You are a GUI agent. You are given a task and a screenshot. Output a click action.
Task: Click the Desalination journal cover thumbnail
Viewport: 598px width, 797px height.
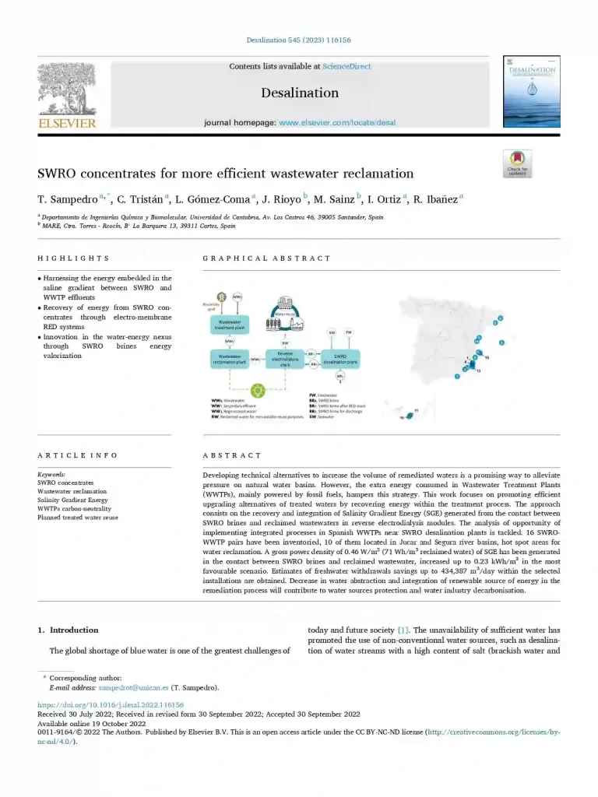click(531, 91)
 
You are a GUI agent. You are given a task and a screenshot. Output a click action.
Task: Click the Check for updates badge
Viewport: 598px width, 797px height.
click(518, 164)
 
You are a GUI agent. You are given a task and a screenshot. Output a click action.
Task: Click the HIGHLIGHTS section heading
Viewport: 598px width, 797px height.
click(73, 258)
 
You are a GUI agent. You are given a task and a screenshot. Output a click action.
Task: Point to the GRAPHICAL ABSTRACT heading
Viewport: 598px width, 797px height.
click(266, 258)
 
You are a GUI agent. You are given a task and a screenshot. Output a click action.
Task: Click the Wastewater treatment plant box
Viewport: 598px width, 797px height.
click(229, 325)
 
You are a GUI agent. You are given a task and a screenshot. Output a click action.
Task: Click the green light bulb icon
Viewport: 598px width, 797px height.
click(258, 389)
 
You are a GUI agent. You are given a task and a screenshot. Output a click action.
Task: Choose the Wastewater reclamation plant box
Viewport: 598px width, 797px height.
click(229, 359)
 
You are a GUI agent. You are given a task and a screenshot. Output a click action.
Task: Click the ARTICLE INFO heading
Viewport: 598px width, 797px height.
click(78, 455)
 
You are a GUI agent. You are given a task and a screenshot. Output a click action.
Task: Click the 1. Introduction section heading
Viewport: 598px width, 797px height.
click(69, 630)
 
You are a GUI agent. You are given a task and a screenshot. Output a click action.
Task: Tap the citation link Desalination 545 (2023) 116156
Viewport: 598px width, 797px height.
click(299, 40)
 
